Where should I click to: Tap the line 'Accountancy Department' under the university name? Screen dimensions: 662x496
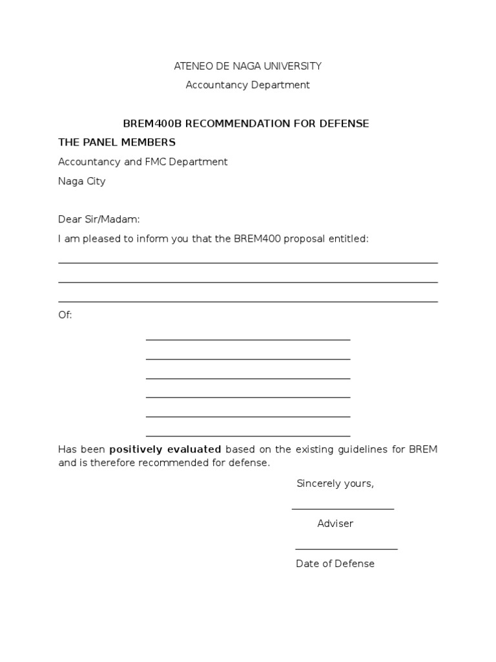click(247, 85)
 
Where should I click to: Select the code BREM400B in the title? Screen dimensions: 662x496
click(153, 123)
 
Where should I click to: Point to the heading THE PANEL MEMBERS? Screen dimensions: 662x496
click(117, 142)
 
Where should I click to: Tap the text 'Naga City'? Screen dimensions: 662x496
click(82, 182)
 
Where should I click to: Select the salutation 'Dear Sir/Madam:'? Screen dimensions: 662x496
click(99, 220)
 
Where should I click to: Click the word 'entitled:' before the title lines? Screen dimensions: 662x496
click(348, 239)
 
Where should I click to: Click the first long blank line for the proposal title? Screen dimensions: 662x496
click(248, 263)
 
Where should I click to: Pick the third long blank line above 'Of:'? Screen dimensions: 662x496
click(248, 302)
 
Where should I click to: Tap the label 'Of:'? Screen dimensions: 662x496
click(65, 315)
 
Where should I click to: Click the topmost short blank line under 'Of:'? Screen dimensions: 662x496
click(248, 339)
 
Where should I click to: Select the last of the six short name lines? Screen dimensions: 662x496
click(248, 436)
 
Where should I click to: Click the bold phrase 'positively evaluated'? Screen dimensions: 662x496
click(165, 449)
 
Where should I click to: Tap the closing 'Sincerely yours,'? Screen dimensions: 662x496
click(335, 484)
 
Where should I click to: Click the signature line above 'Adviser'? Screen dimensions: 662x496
click(343, 509)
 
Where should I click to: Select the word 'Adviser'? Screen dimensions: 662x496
click(335, 524)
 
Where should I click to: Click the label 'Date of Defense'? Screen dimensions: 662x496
click(335, 564)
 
